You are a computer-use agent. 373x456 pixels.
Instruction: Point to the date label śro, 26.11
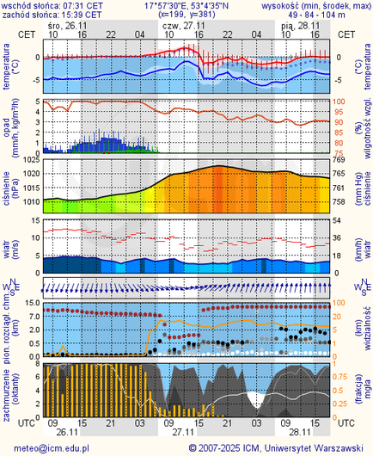click(x=67, y=25)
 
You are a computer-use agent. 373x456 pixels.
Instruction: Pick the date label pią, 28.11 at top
click(x=300, y=25)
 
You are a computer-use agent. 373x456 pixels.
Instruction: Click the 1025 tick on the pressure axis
click(x=29, y=160)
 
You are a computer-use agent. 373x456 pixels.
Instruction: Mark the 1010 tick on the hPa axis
click(x=29, y=201)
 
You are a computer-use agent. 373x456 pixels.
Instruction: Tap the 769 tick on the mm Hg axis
click(x=339, y=160)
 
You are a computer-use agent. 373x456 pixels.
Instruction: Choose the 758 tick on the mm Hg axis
click(x=339, y=201)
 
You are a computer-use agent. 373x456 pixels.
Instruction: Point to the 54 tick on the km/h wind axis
click(x=339, y=221)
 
